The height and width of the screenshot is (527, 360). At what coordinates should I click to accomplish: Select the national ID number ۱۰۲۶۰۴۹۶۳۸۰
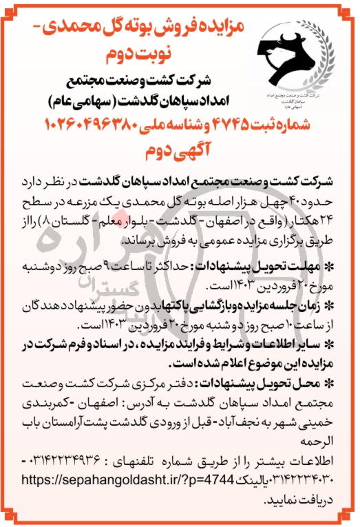click(x=94, y=125)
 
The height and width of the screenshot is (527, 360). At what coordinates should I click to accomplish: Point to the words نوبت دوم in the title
click(x=130, y=53)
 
